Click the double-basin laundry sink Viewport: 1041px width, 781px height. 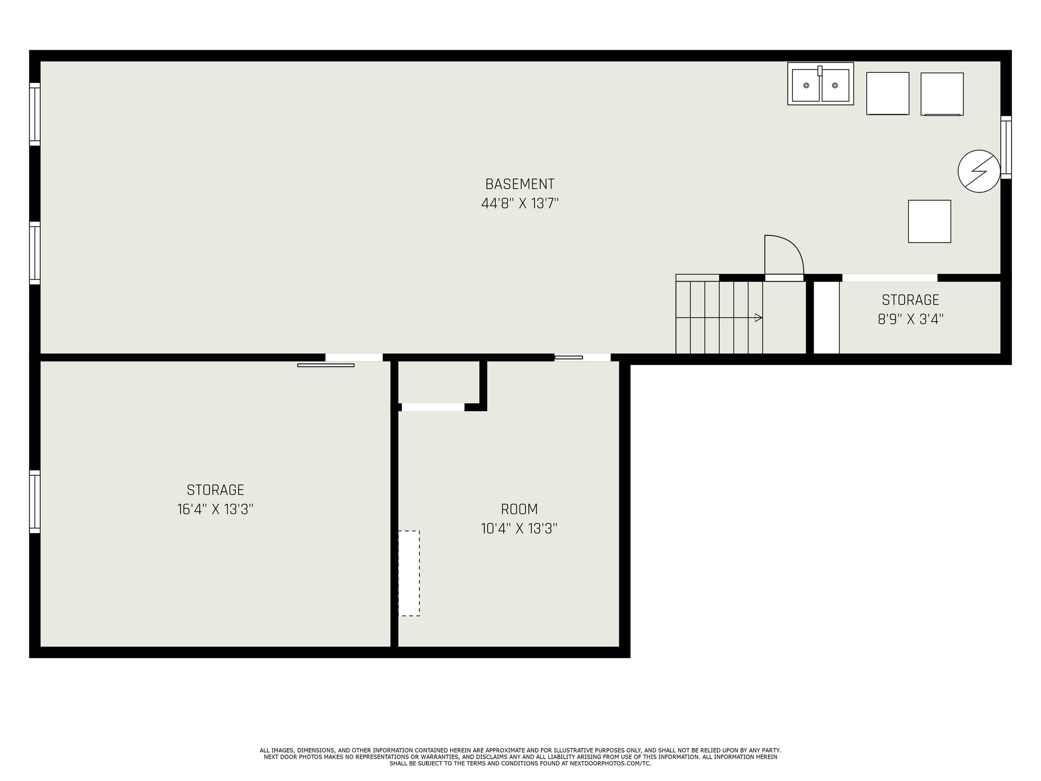click(x=820, y=84)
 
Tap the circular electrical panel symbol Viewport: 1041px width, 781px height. click(x=979, y=171)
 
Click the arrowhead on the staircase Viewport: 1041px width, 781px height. click(x=758, y=318)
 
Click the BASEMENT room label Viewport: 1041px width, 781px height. click(x=519, y=184)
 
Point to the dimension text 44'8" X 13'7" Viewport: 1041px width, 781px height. click(x=519, y=203)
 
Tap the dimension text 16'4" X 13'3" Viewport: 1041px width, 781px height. click(x=215, y=509)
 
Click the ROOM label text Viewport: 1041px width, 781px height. click(x=519, y=509)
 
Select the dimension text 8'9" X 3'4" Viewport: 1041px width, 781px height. click(x=910, y=319)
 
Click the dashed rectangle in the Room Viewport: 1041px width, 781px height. click(x=409, y=573)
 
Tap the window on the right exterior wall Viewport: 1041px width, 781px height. click(x=1006, y=147)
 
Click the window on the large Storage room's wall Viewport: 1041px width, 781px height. click(x=35, y=501)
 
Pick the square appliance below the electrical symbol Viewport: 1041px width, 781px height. click(x=929, y=221)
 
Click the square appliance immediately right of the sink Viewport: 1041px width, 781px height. click(x=887, y=94)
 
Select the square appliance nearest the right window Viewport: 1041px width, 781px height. click(x=942, y=94)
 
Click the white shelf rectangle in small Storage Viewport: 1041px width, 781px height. click(x=826, y=317)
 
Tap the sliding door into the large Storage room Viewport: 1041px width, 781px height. click(x=326, y=365)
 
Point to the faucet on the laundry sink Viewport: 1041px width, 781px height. click(x=820, y=71)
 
